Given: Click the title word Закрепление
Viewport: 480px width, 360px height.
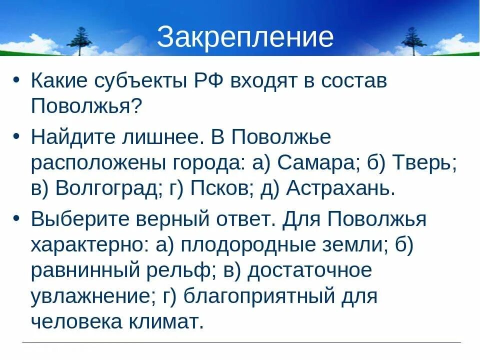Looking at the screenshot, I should tap(245, 37).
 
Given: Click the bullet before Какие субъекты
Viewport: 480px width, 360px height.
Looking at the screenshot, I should tap(17, 81).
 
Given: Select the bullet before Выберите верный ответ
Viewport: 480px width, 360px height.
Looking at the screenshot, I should tap(17, 218).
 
